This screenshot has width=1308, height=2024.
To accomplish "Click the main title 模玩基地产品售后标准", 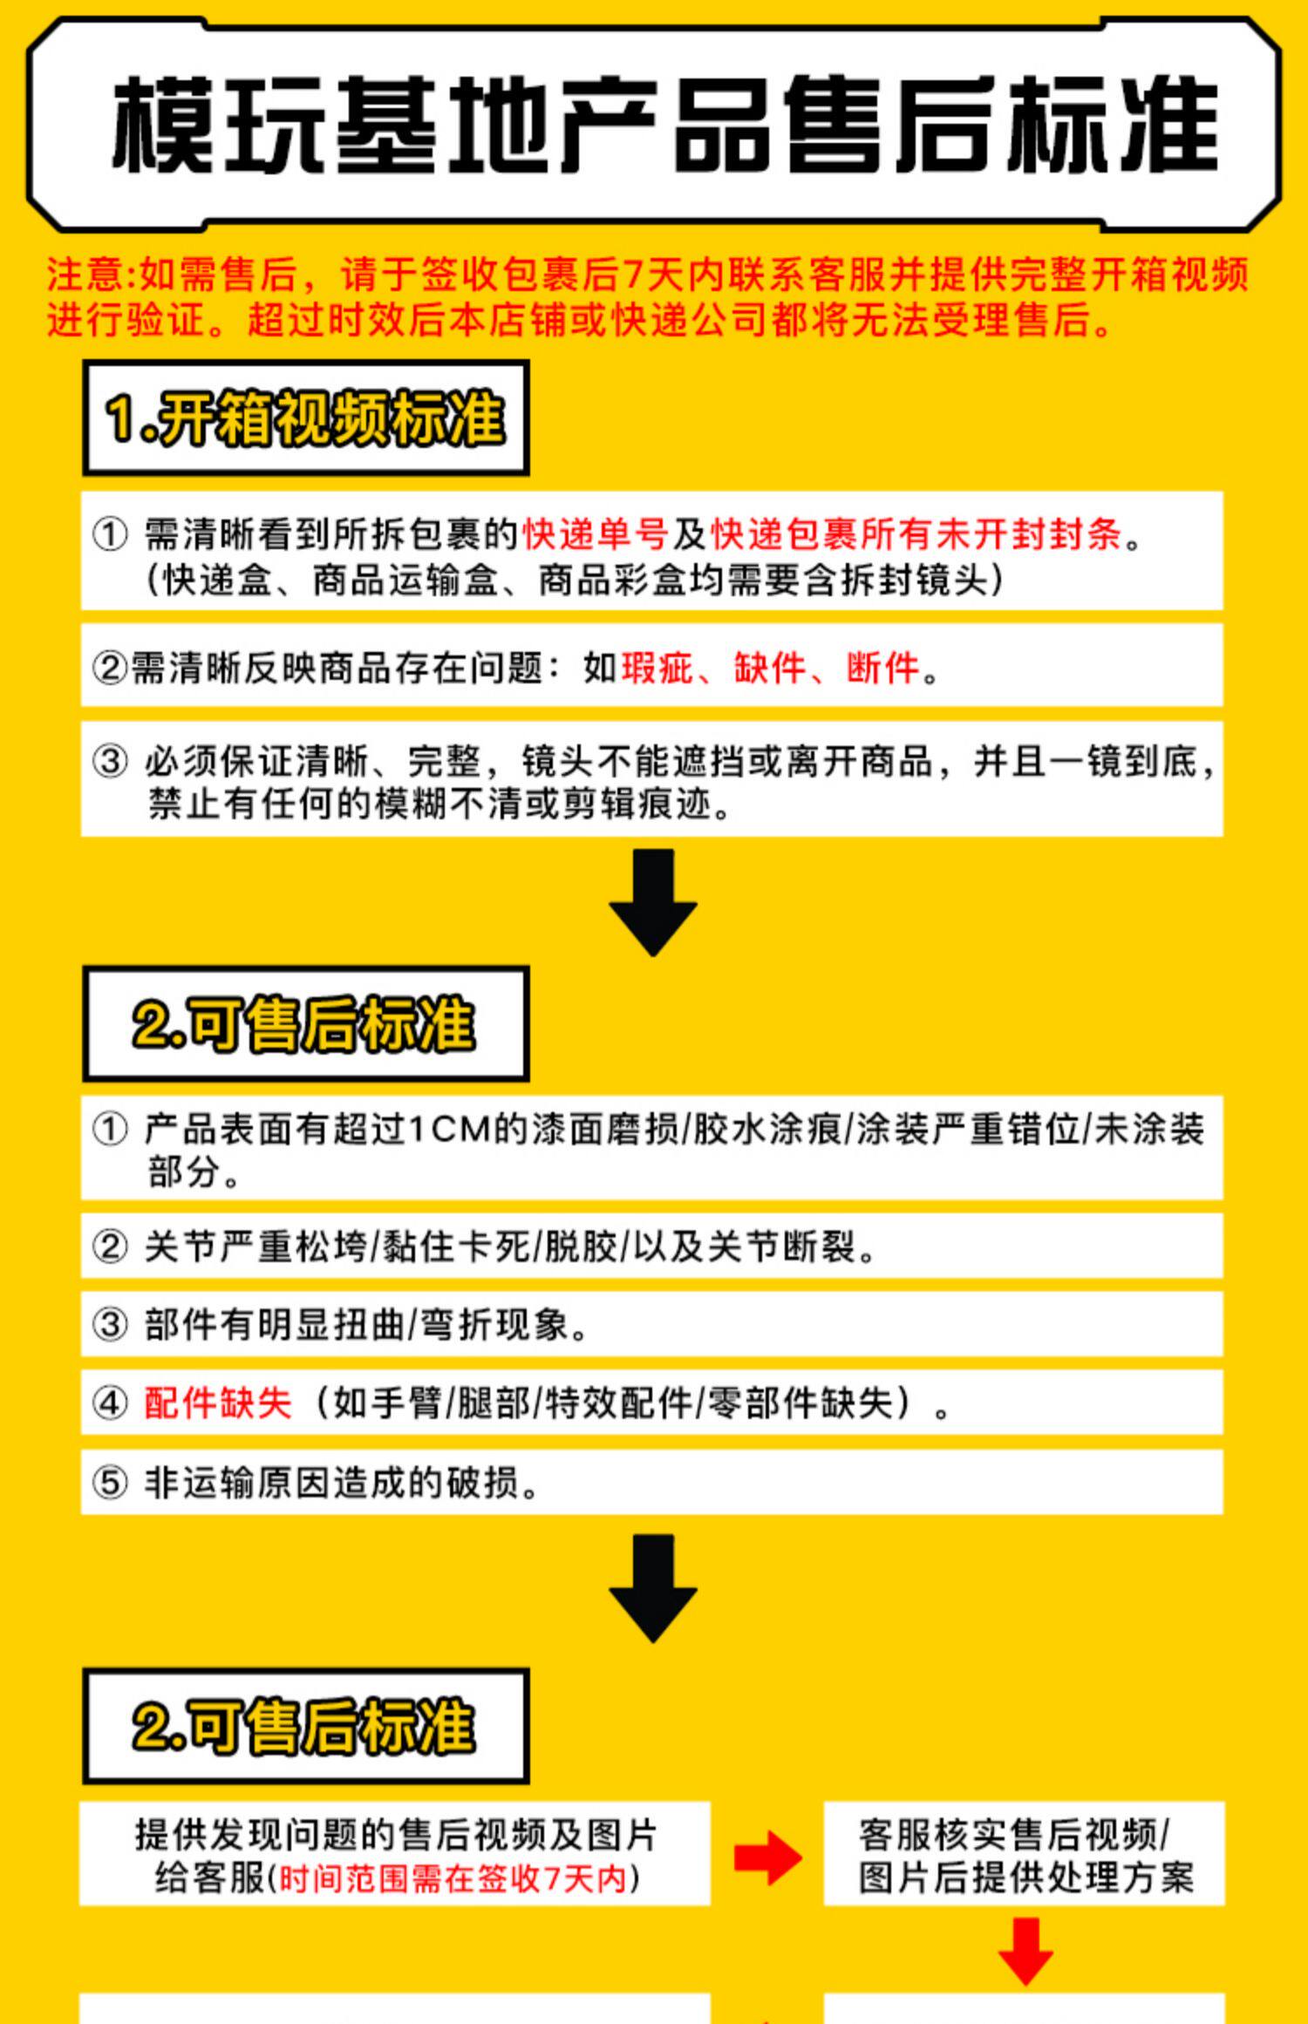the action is pyautogui.click(x=664, y=124).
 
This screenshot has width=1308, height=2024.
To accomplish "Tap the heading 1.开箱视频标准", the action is pyautogui.click(x=305, y=418).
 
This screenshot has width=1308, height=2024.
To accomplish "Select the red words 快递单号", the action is pyautogui.click(x=596, y=533).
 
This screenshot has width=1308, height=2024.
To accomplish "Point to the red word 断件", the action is pyautogui.click(x=882, y=668).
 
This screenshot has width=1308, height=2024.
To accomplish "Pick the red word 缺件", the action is pyautogui.click(x=770, y=668).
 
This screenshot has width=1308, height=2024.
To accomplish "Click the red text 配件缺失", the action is pyautogui.click(x=218, y=1403).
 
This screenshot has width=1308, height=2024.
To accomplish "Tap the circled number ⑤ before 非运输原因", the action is pyautogui.click(x=110, y=1482).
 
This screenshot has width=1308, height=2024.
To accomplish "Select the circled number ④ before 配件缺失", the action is pyautogui.click(x=110, y=1403).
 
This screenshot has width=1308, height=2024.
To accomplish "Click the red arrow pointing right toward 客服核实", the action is pyautogui.click(x=767, y=1857).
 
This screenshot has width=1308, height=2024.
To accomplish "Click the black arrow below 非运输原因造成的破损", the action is pyautogui.click(x=653, y=1588).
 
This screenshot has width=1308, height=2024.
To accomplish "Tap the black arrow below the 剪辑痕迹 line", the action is pyautogui.click(x=653, y=903).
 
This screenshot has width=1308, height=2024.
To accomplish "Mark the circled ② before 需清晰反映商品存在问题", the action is pyautogui.click(x=110, y=668).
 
